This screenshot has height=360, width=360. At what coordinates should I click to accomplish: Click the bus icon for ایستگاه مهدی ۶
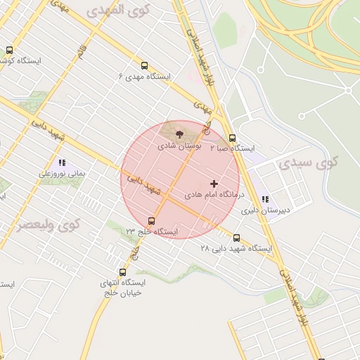pyautogui.click(x=145, y=65)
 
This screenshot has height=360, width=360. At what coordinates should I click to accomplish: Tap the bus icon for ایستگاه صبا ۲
pyautogui.click(x=233, y=138)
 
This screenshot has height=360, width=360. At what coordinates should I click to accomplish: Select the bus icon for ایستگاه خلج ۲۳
pyautogui.click(x=151, y=221)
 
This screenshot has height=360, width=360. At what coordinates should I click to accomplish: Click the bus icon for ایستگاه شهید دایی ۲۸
pyautogui.click(x=236, y=238)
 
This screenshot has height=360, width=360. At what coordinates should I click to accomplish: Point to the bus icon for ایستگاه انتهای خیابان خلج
pyautogui.click(x=123, y=272)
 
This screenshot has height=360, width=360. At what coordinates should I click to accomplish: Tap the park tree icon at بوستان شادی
pyautogui.click(x=179, y=134)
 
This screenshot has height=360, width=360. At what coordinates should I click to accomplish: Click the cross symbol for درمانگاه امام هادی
pyautogui.click(x=214, y=184)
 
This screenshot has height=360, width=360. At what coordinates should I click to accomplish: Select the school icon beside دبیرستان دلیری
pyautogui.click(x=265, y=200)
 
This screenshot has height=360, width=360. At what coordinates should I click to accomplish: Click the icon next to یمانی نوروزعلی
pyautogui.click(x=62, y=162)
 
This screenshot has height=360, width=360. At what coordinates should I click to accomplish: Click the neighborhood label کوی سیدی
pyautogui.click(x=308, y=163)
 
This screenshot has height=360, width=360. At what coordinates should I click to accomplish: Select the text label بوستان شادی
pyautogui.click(x=179, y=146)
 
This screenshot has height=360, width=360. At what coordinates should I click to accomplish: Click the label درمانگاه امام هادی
pyautogui.click(x=214, y=193)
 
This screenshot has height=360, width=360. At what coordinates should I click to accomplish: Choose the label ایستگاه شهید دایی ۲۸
pyautogui.click(x=236, y=248)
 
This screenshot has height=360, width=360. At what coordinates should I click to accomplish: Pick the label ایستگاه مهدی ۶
pyautogui.click(x=143, y=75)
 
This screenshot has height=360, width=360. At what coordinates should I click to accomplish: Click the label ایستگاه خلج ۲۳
pyautogui.click(x=152, y=231)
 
